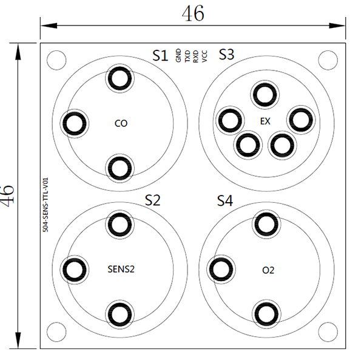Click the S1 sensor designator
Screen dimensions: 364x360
coord(160,55)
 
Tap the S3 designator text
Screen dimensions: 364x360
coord(226,55)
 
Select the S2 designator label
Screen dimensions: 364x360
coord(152,200)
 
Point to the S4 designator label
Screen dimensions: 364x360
coord(225,201)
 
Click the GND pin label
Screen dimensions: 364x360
coord(178,55)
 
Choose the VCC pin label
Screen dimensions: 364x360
coord(204,56)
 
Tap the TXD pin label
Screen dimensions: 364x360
coord(187,56)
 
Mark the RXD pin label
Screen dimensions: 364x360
coord(196,56)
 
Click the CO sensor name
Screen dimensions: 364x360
coord(121,123)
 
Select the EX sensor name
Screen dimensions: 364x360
coord(265,121)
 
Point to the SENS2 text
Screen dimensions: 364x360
coord(121,269)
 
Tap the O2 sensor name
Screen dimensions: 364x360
coord(268,270)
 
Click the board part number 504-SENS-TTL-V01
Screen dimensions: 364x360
coord(45,205)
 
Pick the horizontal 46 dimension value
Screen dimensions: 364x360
coord(193,14)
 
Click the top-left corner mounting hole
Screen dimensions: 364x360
coord(56,60)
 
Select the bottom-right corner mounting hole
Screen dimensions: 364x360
coord(328,332)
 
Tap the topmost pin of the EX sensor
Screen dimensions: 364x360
coord(265,95)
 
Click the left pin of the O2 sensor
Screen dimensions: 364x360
coord(221,269)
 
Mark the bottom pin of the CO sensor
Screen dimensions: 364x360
coord(120,168)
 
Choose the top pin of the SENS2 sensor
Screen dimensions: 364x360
coord(120,225)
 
